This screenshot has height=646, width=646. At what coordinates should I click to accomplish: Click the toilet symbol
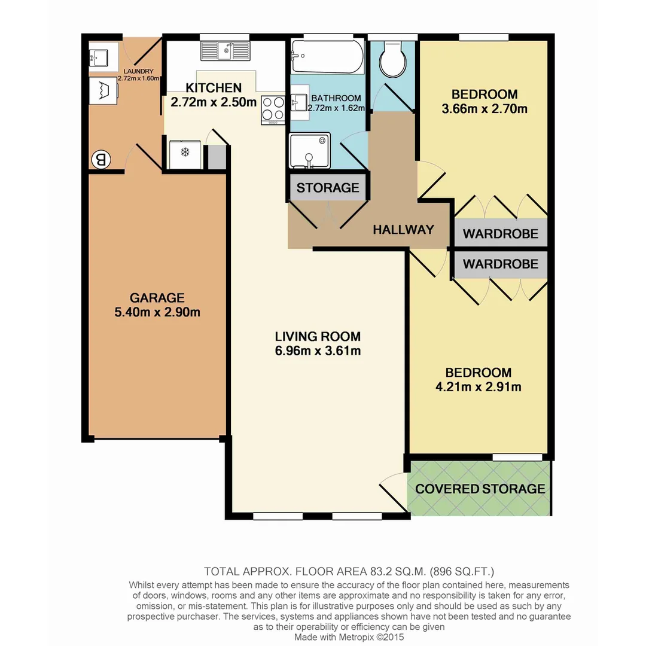point(394,59)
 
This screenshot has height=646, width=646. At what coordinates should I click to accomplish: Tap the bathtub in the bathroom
point(327,57)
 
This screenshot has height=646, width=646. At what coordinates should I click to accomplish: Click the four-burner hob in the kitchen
point(273,109)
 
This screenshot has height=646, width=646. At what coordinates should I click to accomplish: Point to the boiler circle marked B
point(100,160)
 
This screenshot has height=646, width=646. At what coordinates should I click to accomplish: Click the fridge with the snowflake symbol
point(185,154)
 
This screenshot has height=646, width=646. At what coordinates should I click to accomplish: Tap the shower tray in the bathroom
point(309,151)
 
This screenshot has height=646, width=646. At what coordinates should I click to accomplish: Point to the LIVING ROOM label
point(318,336)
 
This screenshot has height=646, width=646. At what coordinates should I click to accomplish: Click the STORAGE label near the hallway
point(328,188)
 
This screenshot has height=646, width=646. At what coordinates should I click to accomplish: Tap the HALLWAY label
point(403,229)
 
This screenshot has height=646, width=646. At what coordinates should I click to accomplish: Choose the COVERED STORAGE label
point(480,489)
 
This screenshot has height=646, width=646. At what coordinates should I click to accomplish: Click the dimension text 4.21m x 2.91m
point(479,387)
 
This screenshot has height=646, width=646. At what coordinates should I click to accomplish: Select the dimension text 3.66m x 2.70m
point(484,109)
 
